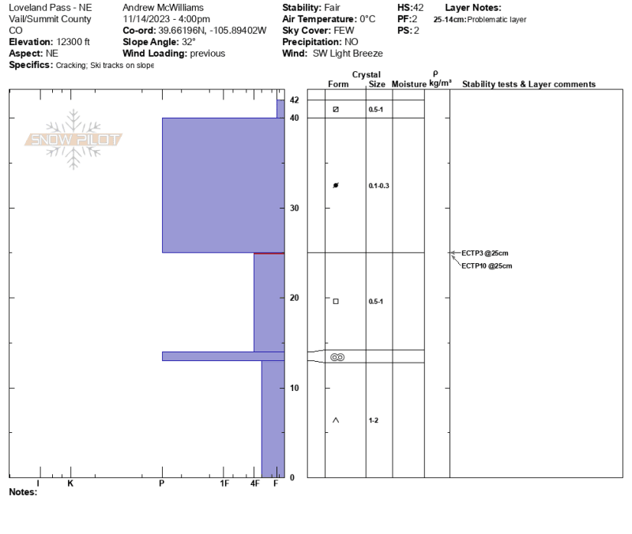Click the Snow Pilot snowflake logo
pyautogui.click(x=73, y=140)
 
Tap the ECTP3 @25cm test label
pyautogui.click(x=484, y=254)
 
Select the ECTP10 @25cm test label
pyautogui.click(x=487, y=266)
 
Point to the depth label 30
pyautogui.click(x=294, y=208)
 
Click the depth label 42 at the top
pyautogui.click(x=294, y=100)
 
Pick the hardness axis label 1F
pyautogui.click(x=224, y=483)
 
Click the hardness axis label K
pyautogui.click(x=70, y=483)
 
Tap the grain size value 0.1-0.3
pyautogui.click(x=378, y=186)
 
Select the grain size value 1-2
pyautogui.click(x=373, y=420)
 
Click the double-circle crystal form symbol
pyautogui.click(x=337, y=357)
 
